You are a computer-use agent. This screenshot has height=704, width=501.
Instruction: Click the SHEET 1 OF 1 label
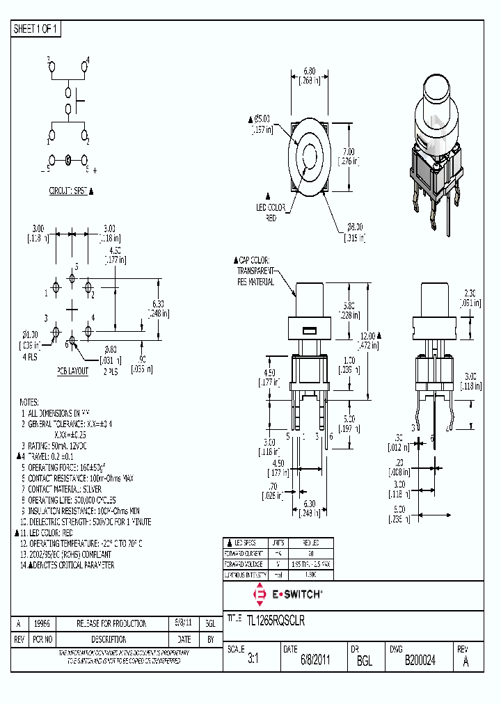(36, 29)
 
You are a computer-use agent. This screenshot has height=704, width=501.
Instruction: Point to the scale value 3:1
(253, 661)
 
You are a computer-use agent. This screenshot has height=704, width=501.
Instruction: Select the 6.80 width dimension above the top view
(310, 70)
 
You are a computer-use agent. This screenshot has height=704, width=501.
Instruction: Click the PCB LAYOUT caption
(72, 371)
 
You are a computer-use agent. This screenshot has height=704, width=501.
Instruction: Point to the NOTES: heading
(31, 403)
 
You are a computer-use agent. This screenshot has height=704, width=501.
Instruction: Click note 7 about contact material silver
(72, 489)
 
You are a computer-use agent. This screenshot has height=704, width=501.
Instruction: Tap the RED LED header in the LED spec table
(311, 542)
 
